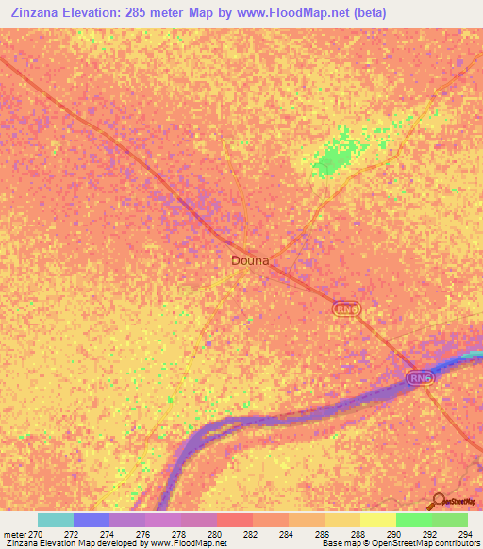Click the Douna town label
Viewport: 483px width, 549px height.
(x=250, y=260)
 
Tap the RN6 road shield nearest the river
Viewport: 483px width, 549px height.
(x=420, y=377)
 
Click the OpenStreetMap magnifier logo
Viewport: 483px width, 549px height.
(x=438, y=500)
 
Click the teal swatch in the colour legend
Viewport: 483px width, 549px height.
(x=56, y=520)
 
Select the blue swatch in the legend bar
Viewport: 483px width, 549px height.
(x=92, y=520)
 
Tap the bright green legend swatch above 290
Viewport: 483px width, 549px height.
(x=414, y=520)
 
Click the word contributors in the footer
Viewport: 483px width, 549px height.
(x=453, y=543)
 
